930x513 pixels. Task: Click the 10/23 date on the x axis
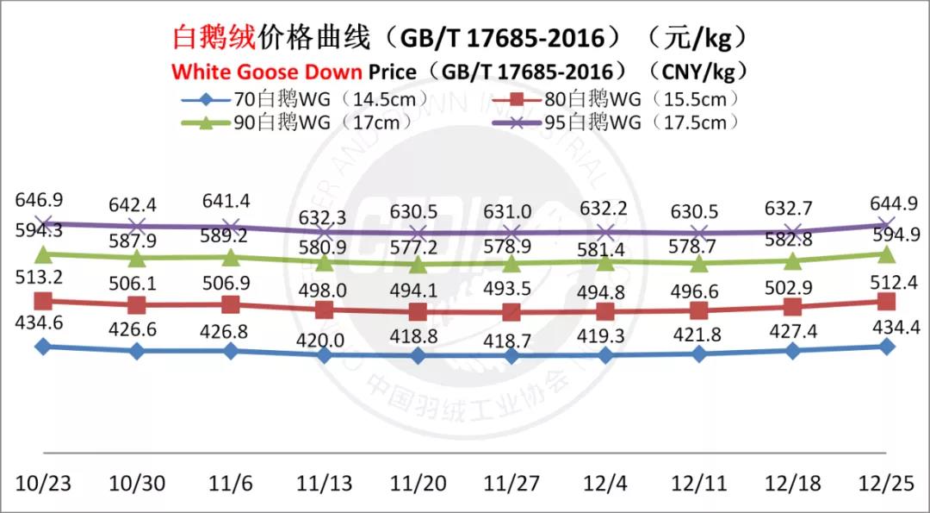point(44,483)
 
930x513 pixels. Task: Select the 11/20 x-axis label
point(418,483)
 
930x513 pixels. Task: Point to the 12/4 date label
point(605,483)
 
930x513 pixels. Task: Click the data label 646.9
point(40,201)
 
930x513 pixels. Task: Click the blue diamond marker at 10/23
point(43,347)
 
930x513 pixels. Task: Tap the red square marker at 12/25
point(887,301)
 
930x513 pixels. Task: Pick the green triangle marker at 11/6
point(231,257)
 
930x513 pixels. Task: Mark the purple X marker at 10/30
point(137,227)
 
